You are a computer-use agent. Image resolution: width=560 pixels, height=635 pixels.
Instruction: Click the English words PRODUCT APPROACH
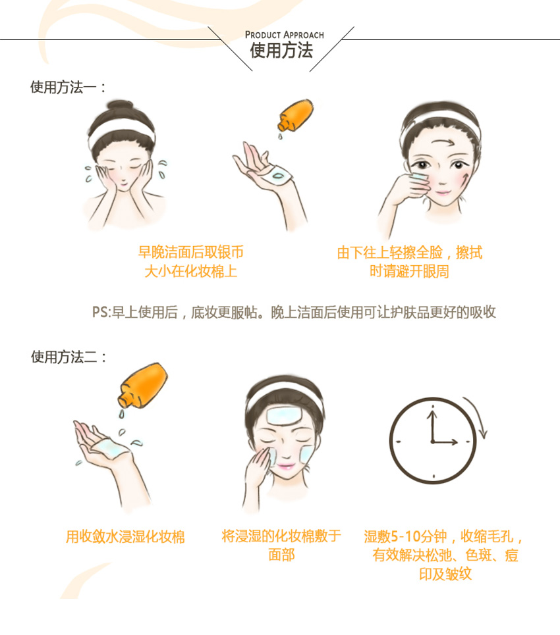point(284,35)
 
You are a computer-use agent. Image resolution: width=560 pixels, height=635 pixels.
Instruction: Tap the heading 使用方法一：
point(68,87)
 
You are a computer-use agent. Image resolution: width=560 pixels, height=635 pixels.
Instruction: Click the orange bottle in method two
point(143,385)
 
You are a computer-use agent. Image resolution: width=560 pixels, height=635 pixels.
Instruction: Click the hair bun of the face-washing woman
point(120,109)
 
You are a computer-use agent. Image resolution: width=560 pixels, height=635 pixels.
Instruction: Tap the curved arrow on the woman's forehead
point(444,143)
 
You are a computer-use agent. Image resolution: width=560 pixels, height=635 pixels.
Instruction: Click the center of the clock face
point(433,441)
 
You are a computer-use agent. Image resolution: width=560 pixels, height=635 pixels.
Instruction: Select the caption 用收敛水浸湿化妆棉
point(125,536)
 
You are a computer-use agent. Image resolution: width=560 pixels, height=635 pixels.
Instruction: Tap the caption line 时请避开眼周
point(409,271)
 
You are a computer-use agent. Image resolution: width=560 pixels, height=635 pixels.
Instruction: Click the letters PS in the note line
point(100,312)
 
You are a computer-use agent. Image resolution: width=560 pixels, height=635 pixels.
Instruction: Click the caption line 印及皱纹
point(445,574)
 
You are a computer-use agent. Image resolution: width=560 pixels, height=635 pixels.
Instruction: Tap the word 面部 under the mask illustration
point(281,555)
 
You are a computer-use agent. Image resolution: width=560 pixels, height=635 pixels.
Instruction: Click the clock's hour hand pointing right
point(445,442)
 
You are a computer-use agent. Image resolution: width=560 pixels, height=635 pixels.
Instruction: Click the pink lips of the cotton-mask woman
point(285,467)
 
